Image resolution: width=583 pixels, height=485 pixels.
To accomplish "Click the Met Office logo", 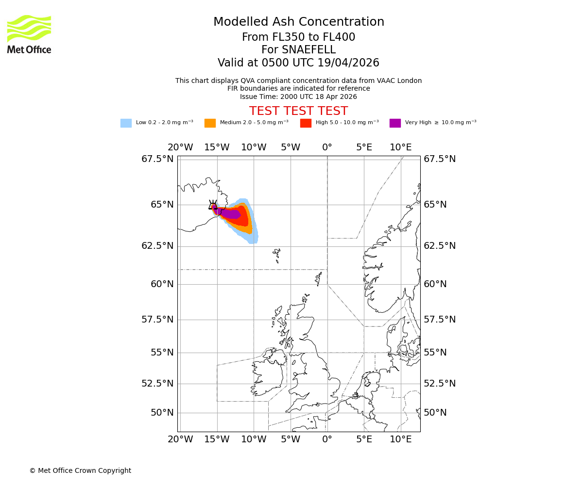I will coord(29,34).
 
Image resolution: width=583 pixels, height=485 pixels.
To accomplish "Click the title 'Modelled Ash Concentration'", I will coord(298,22).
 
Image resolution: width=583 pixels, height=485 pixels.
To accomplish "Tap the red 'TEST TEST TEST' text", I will coord(298,111).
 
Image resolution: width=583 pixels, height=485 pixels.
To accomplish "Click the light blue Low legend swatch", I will coord(126,123).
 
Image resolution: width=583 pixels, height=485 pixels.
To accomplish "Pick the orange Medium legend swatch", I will coord(210,123).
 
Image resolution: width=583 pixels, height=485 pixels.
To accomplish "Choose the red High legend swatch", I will coord(306,123).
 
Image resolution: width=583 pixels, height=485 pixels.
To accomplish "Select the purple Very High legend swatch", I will coord(395,123).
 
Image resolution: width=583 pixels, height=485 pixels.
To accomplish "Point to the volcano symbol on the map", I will coord(213,205).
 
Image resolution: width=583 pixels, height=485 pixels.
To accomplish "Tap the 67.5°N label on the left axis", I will coord(157,159).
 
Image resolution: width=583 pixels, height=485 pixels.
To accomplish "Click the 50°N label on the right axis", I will coord(435,413).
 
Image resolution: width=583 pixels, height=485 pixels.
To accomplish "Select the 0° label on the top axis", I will coord(327,147).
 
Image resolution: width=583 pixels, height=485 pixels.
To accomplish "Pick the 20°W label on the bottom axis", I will coord(180,439).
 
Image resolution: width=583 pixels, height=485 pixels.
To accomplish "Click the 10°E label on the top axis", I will coord(401,147).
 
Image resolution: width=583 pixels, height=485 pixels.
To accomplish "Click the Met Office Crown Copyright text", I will coord(80,470).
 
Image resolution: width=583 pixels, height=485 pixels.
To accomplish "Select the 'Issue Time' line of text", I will coord(298,97).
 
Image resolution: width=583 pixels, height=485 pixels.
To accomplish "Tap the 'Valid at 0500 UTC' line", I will coord(298,63).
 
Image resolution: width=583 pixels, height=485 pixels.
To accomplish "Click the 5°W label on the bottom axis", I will coord(291,439).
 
